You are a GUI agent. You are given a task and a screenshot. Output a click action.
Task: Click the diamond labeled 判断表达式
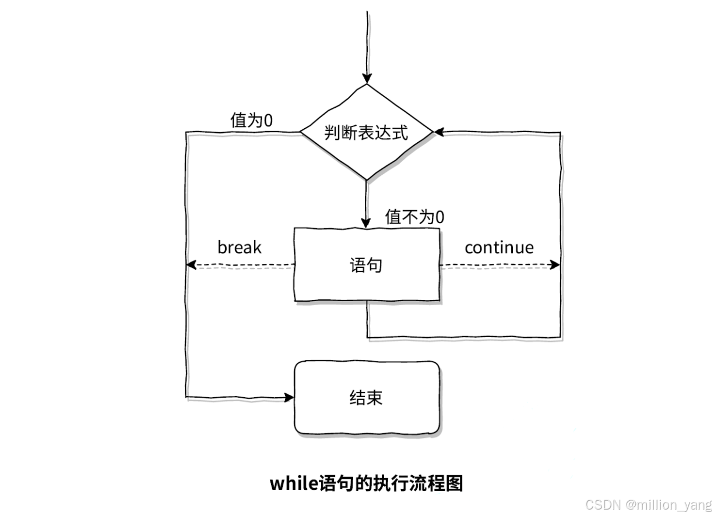click(366, 132)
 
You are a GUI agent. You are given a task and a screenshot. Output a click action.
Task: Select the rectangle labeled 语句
click(366, 265)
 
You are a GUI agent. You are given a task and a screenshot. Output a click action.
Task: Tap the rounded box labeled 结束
click(366, 398)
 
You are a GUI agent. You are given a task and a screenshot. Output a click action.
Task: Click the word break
click(239, 247)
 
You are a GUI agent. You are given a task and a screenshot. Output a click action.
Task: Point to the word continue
click(499, 247)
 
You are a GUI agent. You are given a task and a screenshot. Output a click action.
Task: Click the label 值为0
click(252, 121)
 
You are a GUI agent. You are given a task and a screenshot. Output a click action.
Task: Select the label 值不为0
click(414, 217)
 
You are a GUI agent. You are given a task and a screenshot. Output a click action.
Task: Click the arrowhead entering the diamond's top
click(366, 79)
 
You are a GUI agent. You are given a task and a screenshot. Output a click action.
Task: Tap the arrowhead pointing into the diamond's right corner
click(439, 132)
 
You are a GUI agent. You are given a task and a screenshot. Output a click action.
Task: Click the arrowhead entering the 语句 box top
click(366, 222)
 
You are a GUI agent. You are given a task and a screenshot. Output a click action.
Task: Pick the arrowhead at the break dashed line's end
click(190, 266)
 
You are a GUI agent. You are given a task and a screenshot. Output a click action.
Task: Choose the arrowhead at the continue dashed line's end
click(555, 266)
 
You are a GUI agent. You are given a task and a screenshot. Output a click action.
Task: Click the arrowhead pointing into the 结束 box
click(289, 398)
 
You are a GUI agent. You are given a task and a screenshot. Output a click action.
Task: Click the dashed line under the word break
click(242, 266)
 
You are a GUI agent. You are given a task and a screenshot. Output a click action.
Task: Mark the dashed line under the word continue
click(495, 266)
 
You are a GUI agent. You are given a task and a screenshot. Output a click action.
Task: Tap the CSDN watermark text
click(602, 504)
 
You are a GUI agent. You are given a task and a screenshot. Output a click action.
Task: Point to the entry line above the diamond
click(366, 41)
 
